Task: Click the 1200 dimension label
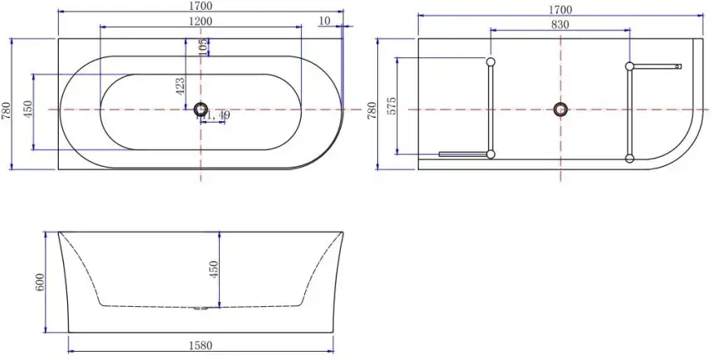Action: coord(201,21)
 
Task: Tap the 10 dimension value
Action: coord(323,20)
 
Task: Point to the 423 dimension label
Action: coord(181,86)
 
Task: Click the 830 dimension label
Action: coord(560,24)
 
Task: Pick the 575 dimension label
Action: coord(392,106)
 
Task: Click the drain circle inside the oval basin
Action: coord(200,109)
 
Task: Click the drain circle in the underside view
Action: coord(561,109)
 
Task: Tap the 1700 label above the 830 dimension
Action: coord(560,10)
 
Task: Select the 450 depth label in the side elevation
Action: coord(213,269)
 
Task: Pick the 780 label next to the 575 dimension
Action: coord(372,109)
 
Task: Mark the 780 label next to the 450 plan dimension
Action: coord(7,110)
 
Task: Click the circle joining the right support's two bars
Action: coord(630,66)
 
